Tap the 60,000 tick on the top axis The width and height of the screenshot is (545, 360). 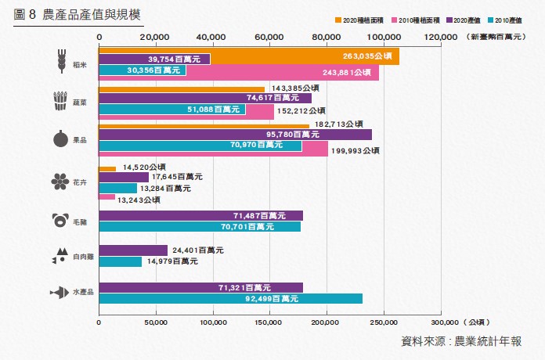(270, 37)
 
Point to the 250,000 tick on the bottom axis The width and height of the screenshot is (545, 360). (383, 322)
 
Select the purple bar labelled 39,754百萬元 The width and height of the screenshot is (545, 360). (154, 59)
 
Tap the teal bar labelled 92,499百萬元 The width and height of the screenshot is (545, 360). (230, 298)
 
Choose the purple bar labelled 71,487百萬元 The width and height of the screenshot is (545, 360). (200, 215)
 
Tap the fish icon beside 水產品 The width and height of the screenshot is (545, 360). (58, 292)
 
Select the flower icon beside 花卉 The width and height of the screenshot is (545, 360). (58, 182)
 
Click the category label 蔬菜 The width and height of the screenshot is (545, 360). (78, 103)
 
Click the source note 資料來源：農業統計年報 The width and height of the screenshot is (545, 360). (460, 341)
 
